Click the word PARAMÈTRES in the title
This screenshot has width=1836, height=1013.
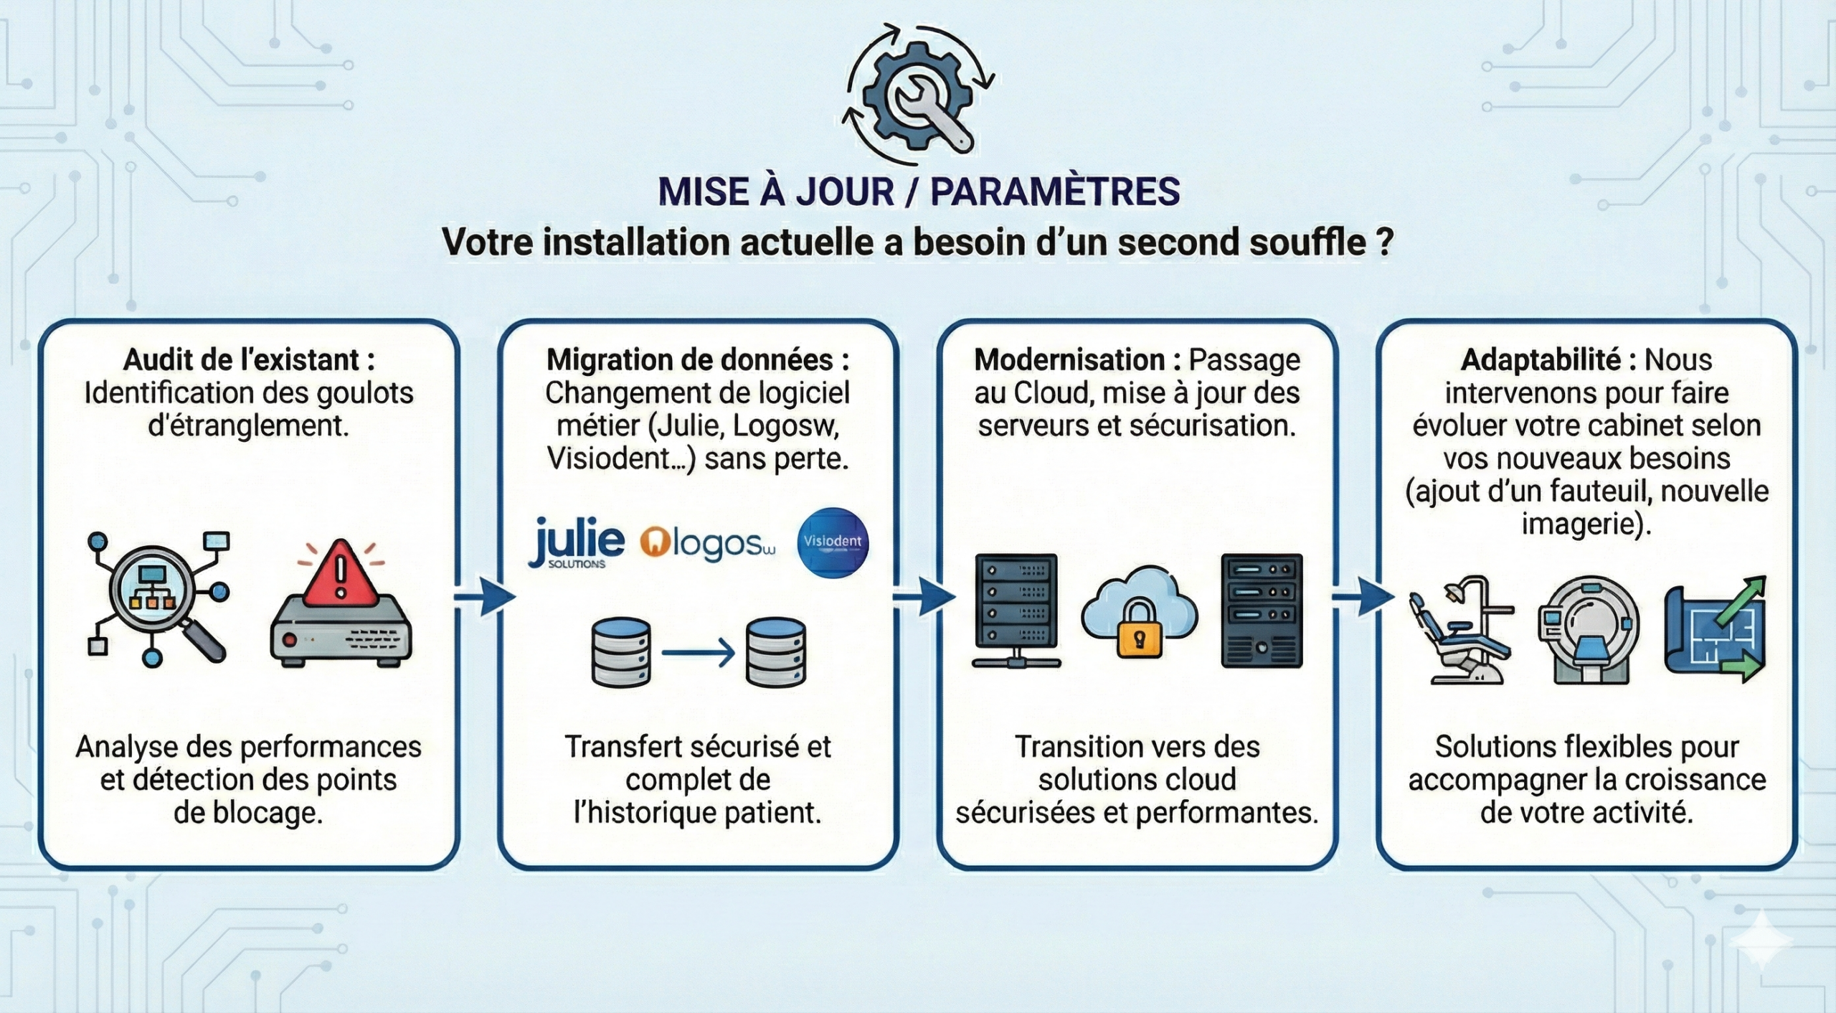1055,192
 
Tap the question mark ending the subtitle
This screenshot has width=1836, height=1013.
1385,242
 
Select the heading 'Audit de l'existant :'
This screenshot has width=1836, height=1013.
249,359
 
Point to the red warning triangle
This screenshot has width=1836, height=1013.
341,574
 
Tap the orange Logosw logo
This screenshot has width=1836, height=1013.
707,545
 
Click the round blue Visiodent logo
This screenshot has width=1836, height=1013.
833,542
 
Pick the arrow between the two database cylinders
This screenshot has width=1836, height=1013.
698,653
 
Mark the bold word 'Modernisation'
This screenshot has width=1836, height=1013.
1069,359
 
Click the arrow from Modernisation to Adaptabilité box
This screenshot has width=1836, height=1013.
1362,596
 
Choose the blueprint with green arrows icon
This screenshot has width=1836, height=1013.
1715,630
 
